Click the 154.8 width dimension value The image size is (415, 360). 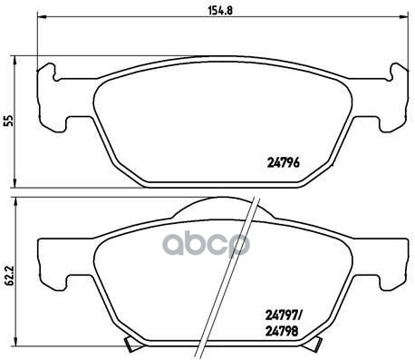pyautogui.click(x=220, y=11)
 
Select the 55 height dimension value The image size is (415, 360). pyautogui.click(x=10, y=121)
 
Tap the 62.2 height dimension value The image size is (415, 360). pyautogui.click(x=10, y=277)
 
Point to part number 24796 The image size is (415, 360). pyautogui.click(x=284, y=163)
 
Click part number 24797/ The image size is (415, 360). pyautogui.click(x=284, y=316)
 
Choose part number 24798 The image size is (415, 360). pyautogui.click(x=282, y=332)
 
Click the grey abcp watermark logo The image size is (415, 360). pyautogui.click(x=207, y=244)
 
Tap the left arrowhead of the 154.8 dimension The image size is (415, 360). pyautogui.click(x=42, y=16)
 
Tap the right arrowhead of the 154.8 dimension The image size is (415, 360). pyautogui.click(x=404, y=16)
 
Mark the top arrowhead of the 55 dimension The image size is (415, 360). pyautogui.click(x=14, y=61)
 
